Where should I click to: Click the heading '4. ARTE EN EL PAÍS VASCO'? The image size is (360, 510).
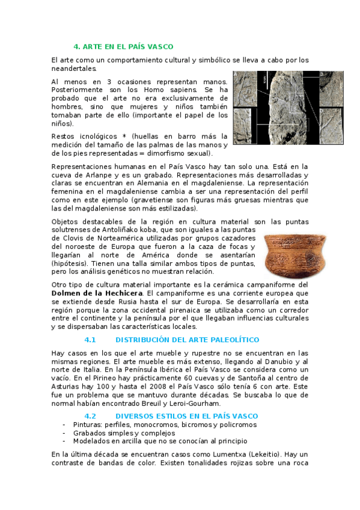(x=123, y=46)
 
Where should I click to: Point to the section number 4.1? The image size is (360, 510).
(x=90, y=340)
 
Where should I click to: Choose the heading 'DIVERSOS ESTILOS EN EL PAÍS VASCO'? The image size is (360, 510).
(x=186, y=416)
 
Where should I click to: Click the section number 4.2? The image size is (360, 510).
(x=90, y=416)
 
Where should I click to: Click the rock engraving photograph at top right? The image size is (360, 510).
(x=278, y=108)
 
